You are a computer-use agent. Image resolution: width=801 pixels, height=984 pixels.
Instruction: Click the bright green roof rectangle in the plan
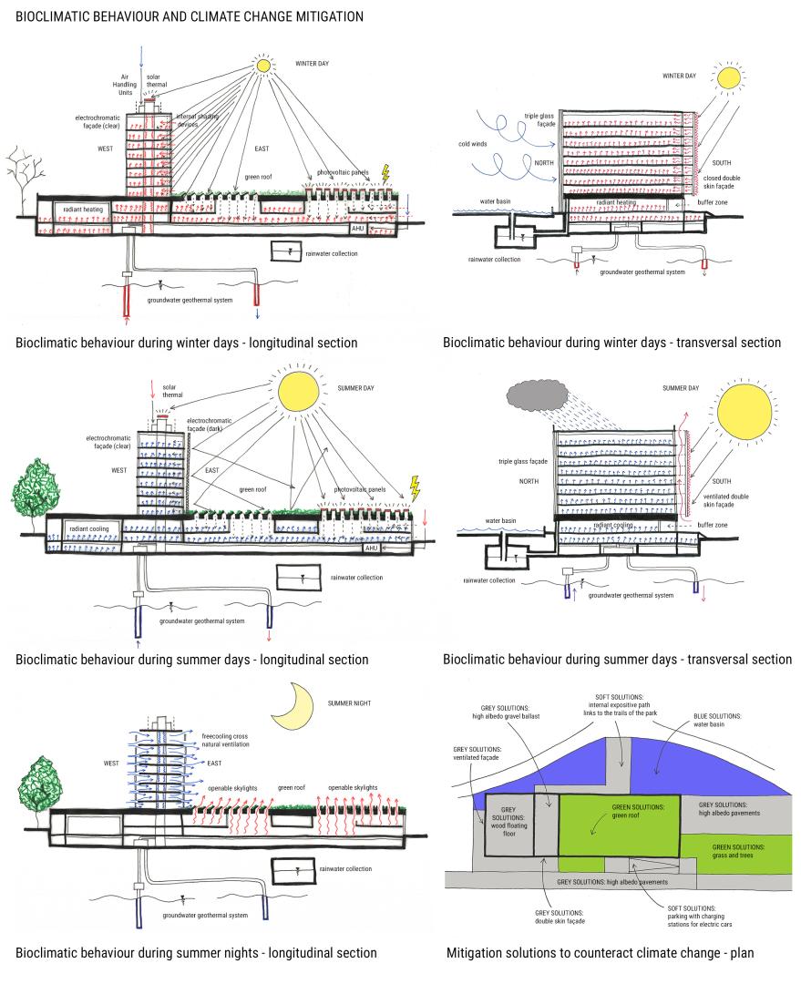pyautogui.click(x=619, y=823)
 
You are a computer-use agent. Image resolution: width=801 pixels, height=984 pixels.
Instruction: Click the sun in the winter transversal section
pyautogui.click(x=734, y=77)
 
